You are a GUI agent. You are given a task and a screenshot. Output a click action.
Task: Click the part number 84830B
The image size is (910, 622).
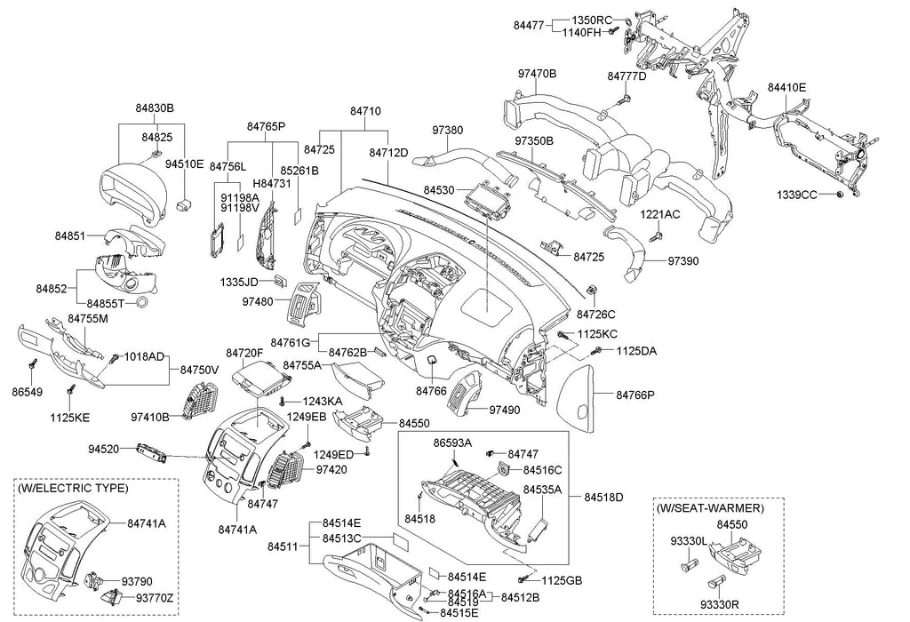155,108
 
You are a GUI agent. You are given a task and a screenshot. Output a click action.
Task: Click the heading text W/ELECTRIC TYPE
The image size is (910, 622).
73,488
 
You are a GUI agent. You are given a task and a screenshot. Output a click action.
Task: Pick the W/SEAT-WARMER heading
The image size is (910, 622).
709,507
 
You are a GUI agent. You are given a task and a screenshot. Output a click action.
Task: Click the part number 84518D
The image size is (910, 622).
604,496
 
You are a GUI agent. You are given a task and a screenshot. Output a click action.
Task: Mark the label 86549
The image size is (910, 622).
27,390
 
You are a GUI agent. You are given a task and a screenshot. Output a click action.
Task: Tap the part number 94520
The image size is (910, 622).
104,449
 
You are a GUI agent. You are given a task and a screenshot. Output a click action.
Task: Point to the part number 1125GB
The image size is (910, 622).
562,580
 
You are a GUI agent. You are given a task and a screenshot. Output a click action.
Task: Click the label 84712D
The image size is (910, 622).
388,152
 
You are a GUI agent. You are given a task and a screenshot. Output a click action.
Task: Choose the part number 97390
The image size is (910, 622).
686,262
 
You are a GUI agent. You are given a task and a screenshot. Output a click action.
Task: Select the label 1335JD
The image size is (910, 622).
239,282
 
